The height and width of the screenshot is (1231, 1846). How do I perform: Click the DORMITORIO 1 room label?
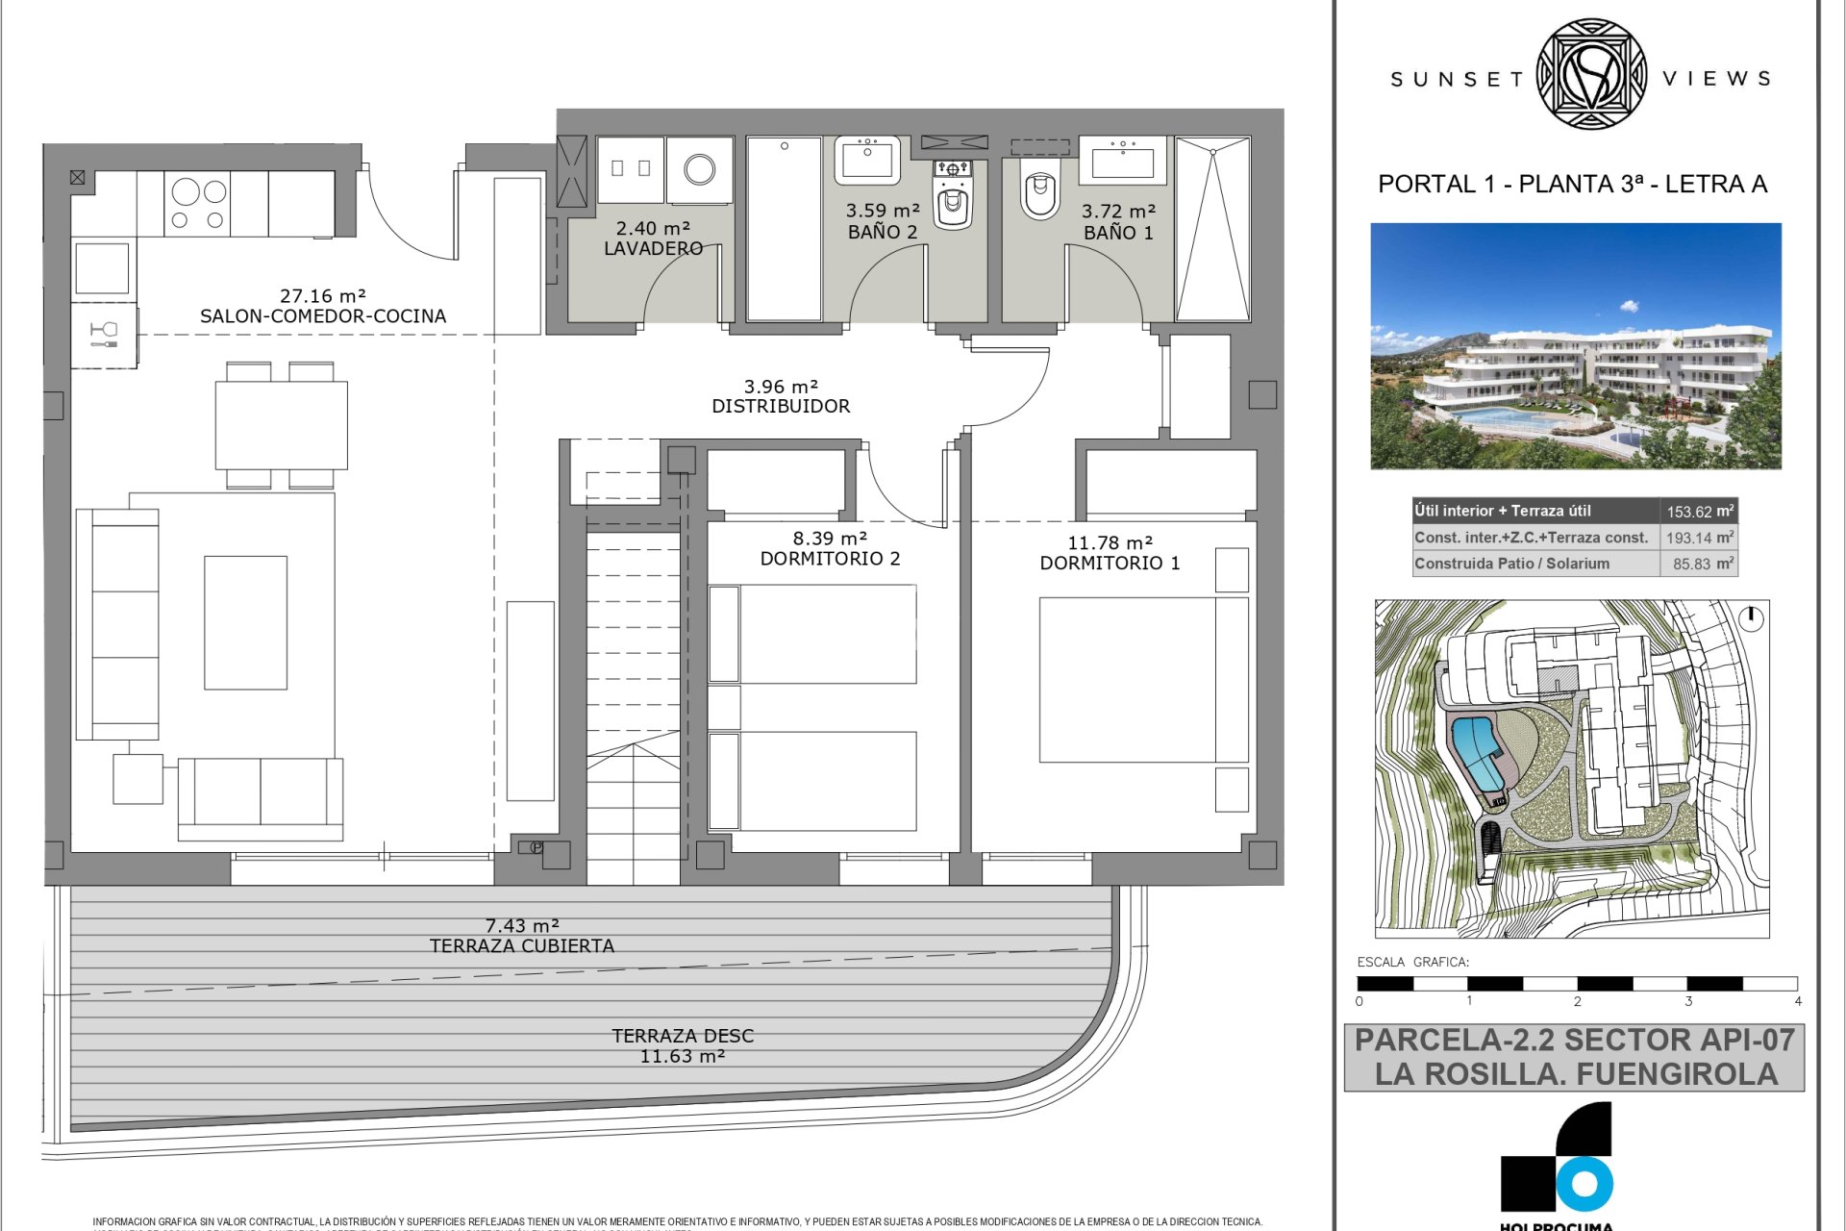[x=1110, y=564]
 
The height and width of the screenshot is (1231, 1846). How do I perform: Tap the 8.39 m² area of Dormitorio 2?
[x=830, y=539]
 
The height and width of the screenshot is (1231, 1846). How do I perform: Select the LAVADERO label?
[x=653, y=248]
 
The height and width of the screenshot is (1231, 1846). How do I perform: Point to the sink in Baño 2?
[x=867, y=160]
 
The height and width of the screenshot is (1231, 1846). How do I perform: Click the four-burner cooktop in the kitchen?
[x=197, y=204]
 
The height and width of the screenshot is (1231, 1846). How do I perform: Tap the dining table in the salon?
[x=281, y=425]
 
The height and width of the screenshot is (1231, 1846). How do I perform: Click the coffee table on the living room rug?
[x=245, y=622]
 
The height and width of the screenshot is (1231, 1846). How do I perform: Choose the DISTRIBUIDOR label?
[x=781, y=407]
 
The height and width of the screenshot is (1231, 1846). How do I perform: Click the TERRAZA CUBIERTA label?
[x=521, y=946]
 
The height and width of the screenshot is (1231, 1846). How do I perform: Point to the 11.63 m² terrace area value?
[x=682, y=1056]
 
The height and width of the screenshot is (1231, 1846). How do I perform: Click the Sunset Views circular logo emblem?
[x=1592, y=75]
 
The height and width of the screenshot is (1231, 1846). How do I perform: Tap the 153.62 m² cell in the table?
[x=1699, y=512]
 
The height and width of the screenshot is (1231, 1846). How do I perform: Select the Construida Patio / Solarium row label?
[x=1511, y=564]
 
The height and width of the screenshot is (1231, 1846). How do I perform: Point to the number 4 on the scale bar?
[x=1797, y=1001]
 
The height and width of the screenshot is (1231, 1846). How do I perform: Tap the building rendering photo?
[x=1575, y=346]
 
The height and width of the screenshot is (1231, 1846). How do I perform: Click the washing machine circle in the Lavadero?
[x=699, y=170]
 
